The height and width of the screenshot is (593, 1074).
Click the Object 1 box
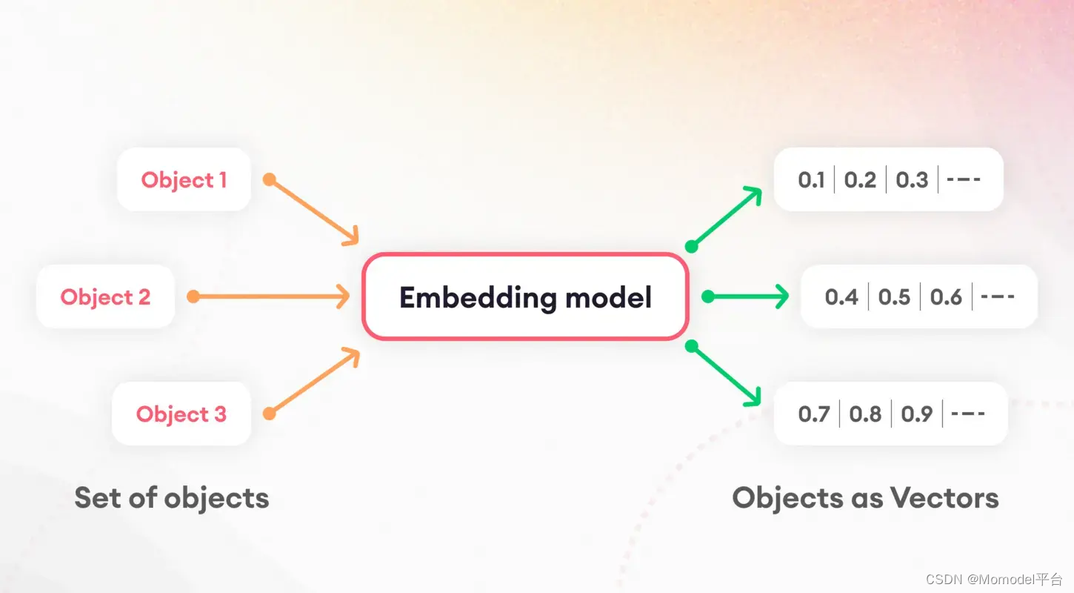pyautogui.click(x=184, y=179)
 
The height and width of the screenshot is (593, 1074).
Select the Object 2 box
pyautogui.click(x=105, y=296)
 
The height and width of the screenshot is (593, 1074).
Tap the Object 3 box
pyautogui.click(x=181, y=414)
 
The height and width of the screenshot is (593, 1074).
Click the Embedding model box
pyautogui.click(x=525, y=297)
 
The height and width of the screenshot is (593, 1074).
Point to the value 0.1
pyautogui.click(x=811, y=180)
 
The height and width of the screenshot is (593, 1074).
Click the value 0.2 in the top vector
pyautogui.click(x=860, y=180)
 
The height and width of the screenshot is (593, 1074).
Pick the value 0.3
pyautogui.click(x=912, y=180)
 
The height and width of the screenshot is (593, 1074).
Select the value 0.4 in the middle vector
pyautogui.click(x=841, y=297)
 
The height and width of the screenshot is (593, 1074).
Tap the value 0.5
pyautogui.click(x=894, y=297)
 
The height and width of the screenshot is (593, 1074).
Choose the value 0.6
pyautogui.click(x=946, y=297)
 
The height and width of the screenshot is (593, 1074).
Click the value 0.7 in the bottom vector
pyautogui.click(x=814, y=414)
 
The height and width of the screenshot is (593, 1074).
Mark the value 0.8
pyautogui.click(x=865, y=414)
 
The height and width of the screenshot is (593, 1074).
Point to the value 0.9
pyautogui.click(x=917, y=414)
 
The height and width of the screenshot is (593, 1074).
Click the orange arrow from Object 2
pyautogui.click(x=270, y=296)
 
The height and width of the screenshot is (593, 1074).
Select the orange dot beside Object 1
pyautogui.click(x=270, y=179)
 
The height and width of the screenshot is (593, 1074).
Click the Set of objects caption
pyautogui.click(x=172, y=497)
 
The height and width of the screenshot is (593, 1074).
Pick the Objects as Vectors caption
pyautogui.click(x=865, y=497)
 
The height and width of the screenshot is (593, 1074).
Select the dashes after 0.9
pyautogui.click(x=968, y=414)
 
